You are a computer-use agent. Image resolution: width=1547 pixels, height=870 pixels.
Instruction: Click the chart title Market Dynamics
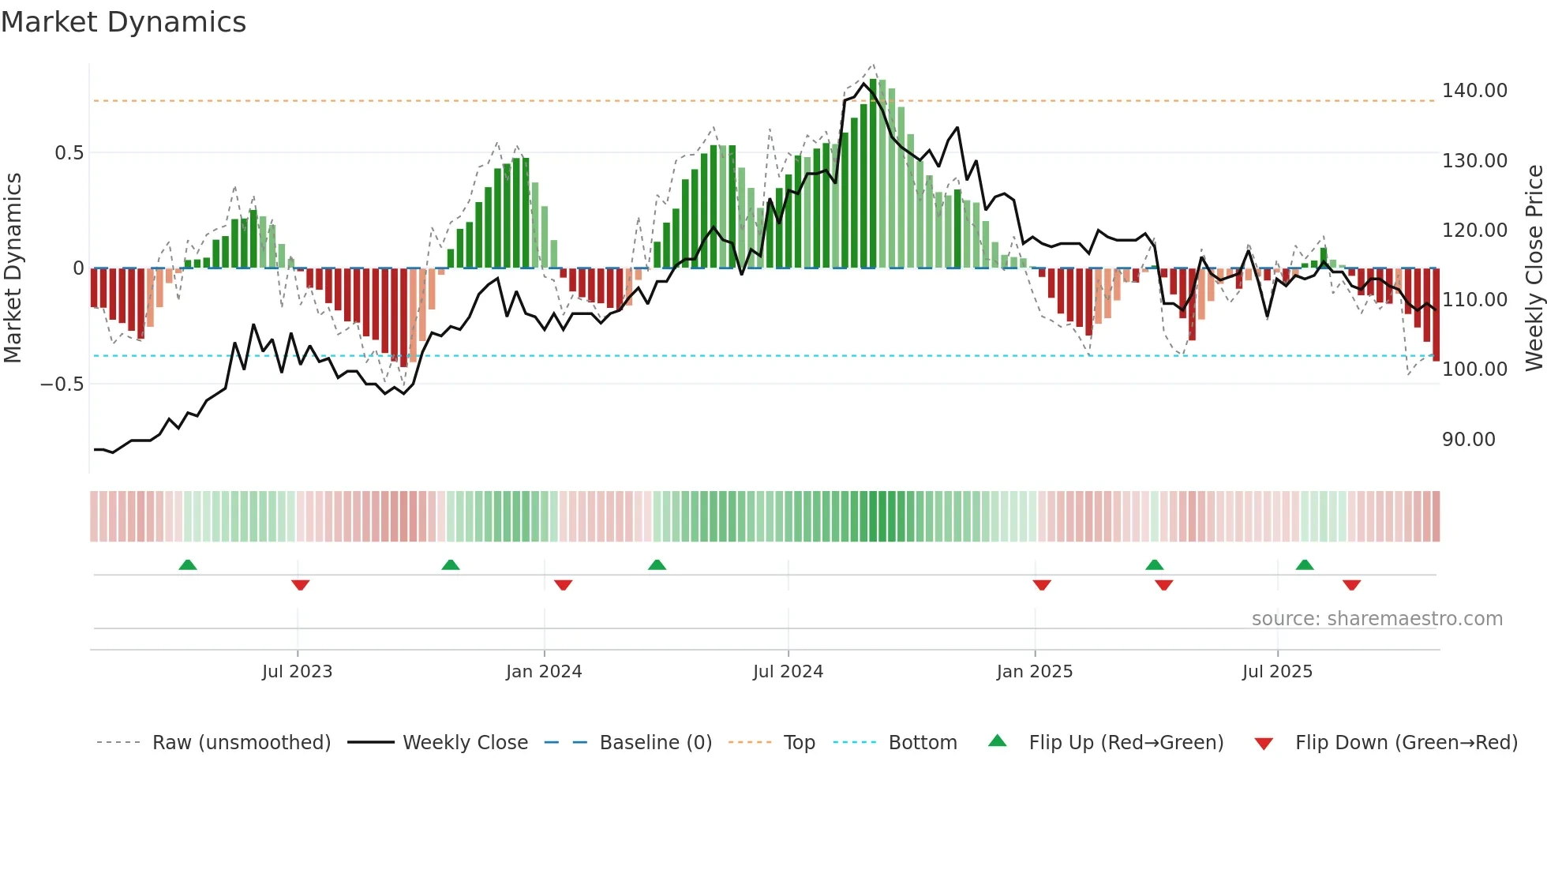point(123,22)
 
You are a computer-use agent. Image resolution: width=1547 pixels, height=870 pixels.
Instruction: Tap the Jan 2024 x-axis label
point(544,672)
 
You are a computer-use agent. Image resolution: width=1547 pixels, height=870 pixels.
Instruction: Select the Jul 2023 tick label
point(297,672)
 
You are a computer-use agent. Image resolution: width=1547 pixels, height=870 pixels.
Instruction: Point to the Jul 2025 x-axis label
point(1277,672)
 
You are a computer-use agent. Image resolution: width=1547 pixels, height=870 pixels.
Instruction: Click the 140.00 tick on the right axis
point(1474,91)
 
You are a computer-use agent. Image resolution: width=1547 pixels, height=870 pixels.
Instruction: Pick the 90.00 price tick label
point(1468,440)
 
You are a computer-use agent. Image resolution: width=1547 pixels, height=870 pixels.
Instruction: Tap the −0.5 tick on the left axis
point(62,384)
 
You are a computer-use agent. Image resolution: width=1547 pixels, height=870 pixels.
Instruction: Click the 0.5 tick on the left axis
point(69,153)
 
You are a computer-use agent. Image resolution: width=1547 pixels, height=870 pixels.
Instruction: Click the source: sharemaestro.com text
point(1377,619)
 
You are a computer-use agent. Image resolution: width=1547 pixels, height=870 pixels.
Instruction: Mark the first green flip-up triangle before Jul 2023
point(188,565)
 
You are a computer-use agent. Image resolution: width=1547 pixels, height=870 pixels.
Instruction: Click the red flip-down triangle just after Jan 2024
point(563,585)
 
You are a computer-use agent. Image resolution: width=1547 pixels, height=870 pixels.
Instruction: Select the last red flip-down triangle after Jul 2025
point(1351,585)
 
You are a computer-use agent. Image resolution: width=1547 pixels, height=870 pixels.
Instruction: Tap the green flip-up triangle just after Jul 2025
point(1305,565)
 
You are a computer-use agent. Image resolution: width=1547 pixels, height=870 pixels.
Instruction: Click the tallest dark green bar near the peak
point(874,174)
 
